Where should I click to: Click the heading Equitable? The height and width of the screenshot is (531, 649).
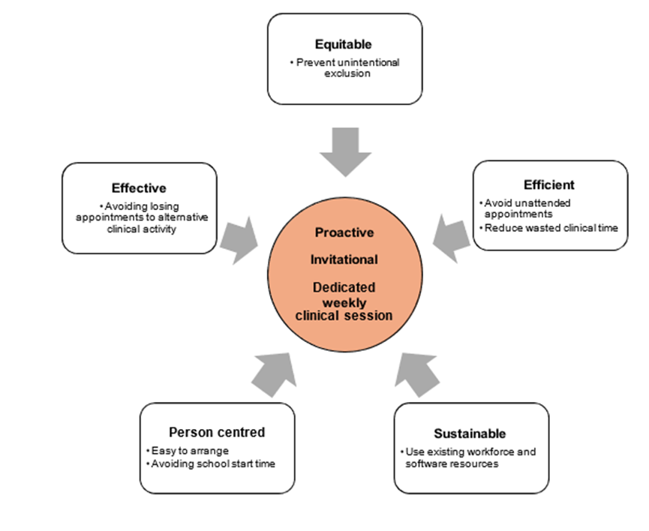point(344,44)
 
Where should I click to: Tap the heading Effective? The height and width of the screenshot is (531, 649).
point(139,187)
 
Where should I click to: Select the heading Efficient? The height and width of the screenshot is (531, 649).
point(549,184)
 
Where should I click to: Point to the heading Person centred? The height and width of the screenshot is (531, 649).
point(217,432)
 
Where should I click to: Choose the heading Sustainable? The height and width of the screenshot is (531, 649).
point(470,433)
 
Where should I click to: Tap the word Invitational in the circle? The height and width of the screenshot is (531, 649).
point(344,259)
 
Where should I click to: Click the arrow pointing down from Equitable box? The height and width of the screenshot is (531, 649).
point(345,151)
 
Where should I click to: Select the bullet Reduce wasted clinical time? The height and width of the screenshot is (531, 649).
point(551,227)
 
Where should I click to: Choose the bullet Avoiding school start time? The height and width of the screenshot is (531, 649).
point(212,463)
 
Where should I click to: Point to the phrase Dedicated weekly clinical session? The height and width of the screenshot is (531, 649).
point(344,301)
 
